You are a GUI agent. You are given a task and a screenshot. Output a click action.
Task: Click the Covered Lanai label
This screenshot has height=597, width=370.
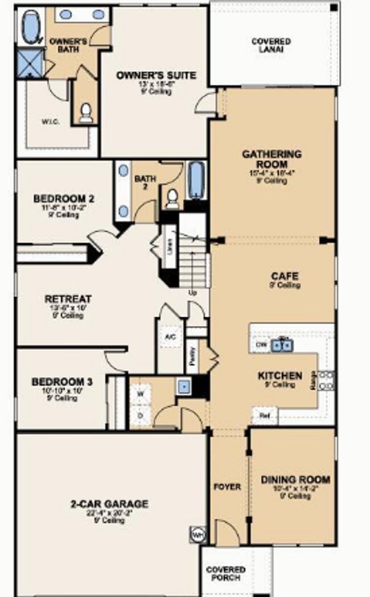[271, 46]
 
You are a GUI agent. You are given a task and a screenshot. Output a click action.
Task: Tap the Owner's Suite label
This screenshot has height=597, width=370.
[156, 76]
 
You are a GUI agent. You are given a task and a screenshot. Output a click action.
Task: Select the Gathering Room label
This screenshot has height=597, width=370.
[272, 158]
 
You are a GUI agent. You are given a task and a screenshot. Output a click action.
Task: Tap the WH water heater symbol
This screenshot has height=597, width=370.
[196, 535]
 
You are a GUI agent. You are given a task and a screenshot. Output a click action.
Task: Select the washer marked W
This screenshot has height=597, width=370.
[140, 394]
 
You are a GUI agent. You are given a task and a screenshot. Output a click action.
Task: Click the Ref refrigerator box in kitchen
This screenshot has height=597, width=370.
[265, 416]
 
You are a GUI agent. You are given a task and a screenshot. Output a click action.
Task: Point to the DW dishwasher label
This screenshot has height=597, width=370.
[261, 345]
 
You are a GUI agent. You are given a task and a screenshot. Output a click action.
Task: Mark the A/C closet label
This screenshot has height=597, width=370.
[170, 336]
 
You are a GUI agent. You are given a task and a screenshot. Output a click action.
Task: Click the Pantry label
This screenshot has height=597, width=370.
[193, 357]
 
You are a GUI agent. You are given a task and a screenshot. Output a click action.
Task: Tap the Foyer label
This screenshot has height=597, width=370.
[227, 487]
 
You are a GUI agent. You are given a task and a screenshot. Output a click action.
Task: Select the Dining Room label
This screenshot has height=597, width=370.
[295, 480]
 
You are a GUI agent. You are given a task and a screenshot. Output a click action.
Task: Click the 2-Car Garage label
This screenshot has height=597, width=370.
[109, 504]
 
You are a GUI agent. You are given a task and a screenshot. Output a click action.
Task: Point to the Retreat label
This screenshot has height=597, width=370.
[68, 299]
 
